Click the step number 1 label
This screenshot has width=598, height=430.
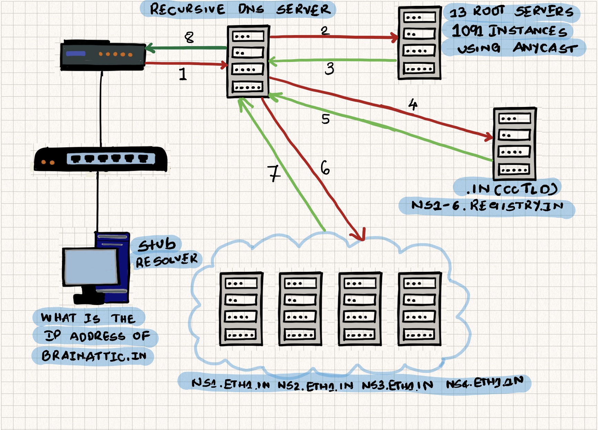click(183, 74)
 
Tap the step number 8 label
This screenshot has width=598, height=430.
click(189, 37)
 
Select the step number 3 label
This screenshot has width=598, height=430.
click(330, 68)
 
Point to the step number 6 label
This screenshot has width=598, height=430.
click(325, 168)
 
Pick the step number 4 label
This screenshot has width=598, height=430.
click(413, 104)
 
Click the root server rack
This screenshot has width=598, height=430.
click(419, 43)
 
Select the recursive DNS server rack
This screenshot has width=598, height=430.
click(248, 61)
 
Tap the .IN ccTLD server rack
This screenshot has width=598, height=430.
click(515, 144)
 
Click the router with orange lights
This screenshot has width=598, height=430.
click(103, 55)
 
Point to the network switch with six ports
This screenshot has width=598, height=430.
click(101, 159)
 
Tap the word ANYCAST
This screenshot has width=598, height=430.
click(545, 48)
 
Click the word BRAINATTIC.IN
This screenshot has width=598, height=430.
click(94, 356)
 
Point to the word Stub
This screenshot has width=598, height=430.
click(157, 245)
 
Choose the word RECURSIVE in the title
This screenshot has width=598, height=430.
click(187, 9)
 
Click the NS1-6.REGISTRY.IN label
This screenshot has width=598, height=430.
click(487, 206)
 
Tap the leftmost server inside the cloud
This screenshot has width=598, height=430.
click(241, 309)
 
